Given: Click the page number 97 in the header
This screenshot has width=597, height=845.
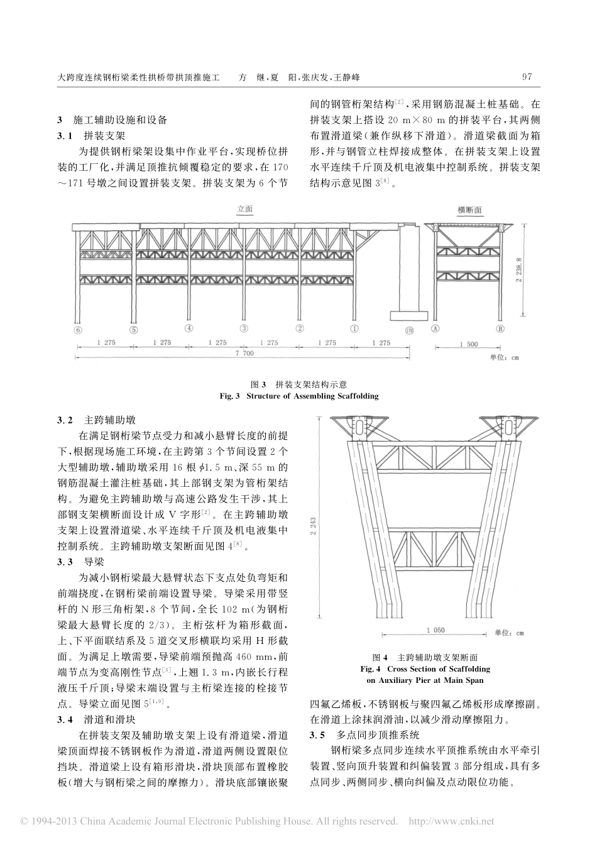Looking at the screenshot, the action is pos(527,77).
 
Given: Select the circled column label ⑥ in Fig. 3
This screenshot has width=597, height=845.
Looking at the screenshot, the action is pos(78,329).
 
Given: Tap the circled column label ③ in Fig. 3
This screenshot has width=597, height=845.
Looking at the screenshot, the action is pos(244,328).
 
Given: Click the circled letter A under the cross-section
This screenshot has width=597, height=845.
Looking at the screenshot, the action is pos(435,328).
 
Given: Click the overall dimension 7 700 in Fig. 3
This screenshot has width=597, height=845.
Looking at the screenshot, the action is pos(244,355).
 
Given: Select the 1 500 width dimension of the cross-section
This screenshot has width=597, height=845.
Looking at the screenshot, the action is pos(468,344).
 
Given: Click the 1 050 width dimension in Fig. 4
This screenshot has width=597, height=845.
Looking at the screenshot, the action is pos(435,630).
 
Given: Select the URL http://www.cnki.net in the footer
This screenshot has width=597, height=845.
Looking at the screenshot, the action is pos(452,821).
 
